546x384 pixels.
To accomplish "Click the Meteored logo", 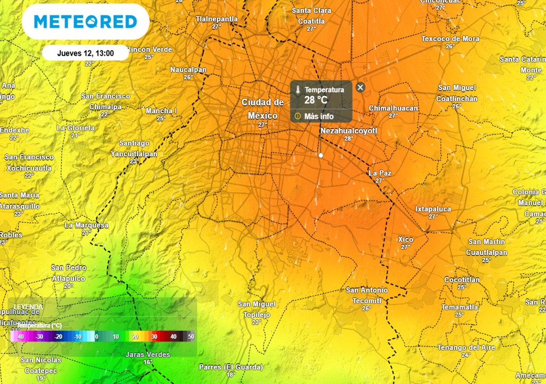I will pos(85,21).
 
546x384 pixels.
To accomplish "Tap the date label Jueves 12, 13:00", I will pos(85,53).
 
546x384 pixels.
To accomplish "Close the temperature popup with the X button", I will pos(360,87).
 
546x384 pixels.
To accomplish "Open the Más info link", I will pos(319,116).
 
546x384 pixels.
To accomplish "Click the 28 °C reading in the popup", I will pos(316,100).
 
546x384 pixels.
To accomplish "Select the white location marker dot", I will pos(320,155).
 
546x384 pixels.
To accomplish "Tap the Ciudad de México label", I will pos(263,109).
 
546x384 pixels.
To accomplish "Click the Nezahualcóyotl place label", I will pos(349,130).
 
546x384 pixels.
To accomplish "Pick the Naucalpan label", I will pos(188,70).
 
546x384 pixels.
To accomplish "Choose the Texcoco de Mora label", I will pos(450,39).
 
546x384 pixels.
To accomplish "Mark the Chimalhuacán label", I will pos(394,108).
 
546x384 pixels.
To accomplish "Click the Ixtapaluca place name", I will pos(433,209).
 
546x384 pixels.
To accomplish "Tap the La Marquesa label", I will pos(86,225).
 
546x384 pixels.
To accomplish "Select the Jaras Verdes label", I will pos(148,355).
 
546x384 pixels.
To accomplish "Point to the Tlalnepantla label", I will pos(216,19).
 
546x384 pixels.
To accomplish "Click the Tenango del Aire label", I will pos(466,348).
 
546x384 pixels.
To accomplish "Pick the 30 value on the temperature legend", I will pos(154,337).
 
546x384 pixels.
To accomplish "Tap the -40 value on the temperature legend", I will pos(20,337).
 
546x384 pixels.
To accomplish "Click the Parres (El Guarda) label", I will pos(231,367).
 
